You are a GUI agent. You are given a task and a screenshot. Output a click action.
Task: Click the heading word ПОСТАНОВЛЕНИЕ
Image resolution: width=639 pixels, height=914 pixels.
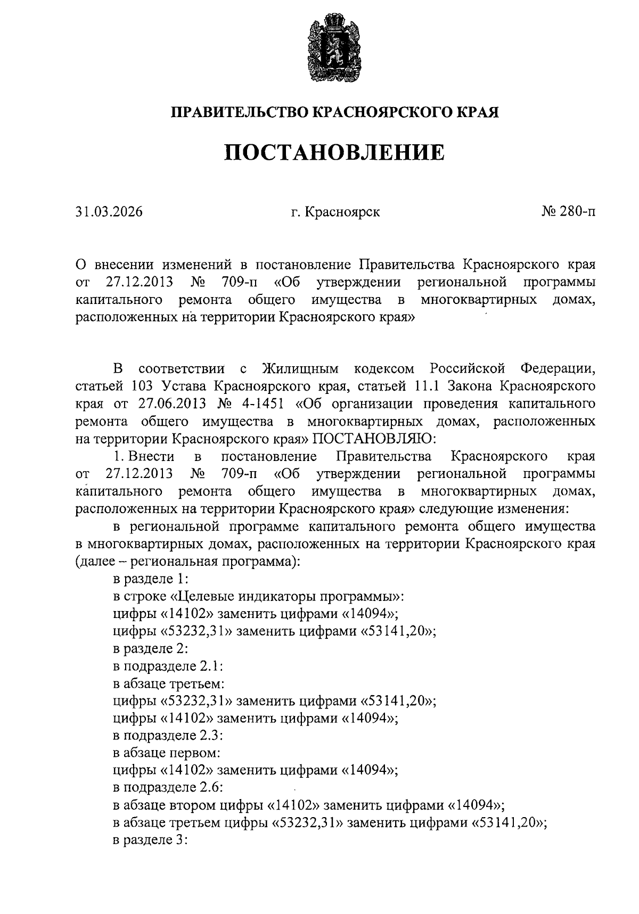(x=334, y=153)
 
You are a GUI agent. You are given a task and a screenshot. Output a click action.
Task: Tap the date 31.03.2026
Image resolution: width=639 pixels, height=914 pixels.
(x=109, y=212)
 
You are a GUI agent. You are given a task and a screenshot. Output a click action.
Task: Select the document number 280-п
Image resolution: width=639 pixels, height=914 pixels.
(x=576, y=212)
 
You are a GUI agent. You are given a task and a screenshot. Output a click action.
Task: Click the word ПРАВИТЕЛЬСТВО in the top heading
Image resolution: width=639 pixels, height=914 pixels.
(x=239, y=112)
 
